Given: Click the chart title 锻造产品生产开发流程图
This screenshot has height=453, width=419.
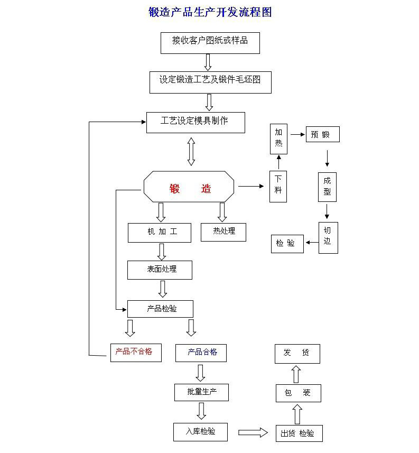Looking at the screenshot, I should tap(210, 12).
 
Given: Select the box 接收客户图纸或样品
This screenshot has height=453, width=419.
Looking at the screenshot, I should tap(210, 42).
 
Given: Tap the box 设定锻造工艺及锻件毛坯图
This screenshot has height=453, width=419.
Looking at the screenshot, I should tap(210, 82).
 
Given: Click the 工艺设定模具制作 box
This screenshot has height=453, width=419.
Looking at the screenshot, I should tap(195, 122).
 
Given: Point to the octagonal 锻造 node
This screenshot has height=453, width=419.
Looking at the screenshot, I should tap(189, 187).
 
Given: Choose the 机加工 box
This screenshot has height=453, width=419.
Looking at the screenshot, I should tap(159, 233).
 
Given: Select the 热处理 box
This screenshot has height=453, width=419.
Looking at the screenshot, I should tap(223, 232).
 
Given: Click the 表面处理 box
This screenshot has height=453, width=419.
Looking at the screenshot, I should tap(159, 270).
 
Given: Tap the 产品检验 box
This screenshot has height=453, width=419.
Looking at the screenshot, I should tap(160, 309).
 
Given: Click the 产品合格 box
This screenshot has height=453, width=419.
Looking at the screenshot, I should tap(201, 353).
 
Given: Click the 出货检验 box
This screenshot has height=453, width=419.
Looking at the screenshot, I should tap(298, 433).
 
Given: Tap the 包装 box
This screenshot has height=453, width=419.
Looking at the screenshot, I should tap(298, 393).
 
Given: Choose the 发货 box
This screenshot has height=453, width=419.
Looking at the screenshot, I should tap(297, 353).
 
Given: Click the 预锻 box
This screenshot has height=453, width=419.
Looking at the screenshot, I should tap(322, 134).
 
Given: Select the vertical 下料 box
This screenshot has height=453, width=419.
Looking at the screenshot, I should tap(278, 186).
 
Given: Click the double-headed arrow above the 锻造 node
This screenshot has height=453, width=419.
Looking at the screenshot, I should tap(191, 152).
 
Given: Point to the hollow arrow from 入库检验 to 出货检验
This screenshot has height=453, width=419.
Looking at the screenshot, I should tap(253, 432).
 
